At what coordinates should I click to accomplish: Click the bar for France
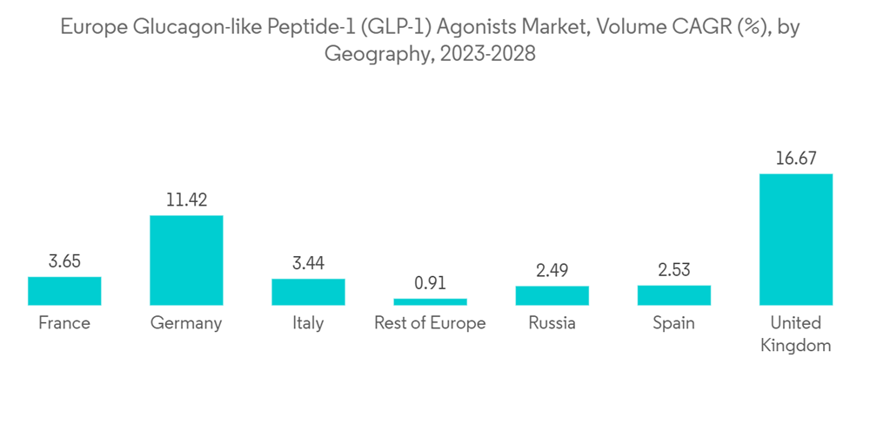(64, 291)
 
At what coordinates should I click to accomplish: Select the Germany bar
(186, 260)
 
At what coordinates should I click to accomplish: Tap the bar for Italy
(308, 292)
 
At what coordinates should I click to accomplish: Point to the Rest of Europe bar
(430, 301)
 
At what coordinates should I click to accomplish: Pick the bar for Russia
(552, 295)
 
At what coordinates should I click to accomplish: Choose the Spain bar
(673, 295)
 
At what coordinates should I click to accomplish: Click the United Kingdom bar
(795, 240)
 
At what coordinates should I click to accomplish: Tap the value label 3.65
(64, 261)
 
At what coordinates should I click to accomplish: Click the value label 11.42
(186, 199)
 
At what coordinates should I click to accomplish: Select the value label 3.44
(308, 263)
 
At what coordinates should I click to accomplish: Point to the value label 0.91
(430, 283)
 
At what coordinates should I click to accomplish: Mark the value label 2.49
(552, 270)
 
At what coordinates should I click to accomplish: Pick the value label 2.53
(673, 270)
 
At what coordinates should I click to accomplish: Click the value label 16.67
(795, 158)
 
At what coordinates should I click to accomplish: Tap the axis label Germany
(186, 324)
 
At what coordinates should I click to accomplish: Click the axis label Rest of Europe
(430, 324)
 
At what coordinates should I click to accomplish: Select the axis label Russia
(552, 324)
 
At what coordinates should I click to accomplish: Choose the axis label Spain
(673, 324)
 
